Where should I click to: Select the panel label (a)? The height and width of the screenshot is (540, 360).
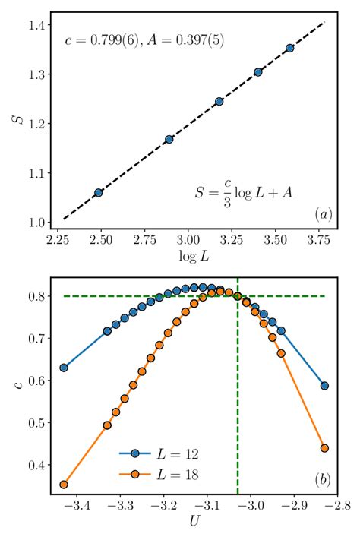323,216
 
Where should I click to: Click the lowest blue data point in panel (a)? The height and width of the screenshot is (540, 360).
98,193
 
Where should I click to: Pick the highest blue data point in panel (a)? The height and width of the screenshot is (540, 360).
289,48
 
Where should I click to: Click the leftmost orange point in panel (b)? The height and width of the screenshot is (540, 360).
64,485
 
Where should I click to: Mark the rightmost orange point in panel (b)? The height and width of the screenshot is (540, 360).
324,448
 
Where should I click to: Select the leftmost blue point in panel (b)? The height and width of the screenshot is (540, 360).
64,368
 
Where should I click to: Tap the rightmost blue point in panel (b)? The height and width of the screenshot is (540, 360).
324,386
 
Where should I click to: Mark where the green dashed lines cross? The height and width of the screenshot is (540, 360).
238,296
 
